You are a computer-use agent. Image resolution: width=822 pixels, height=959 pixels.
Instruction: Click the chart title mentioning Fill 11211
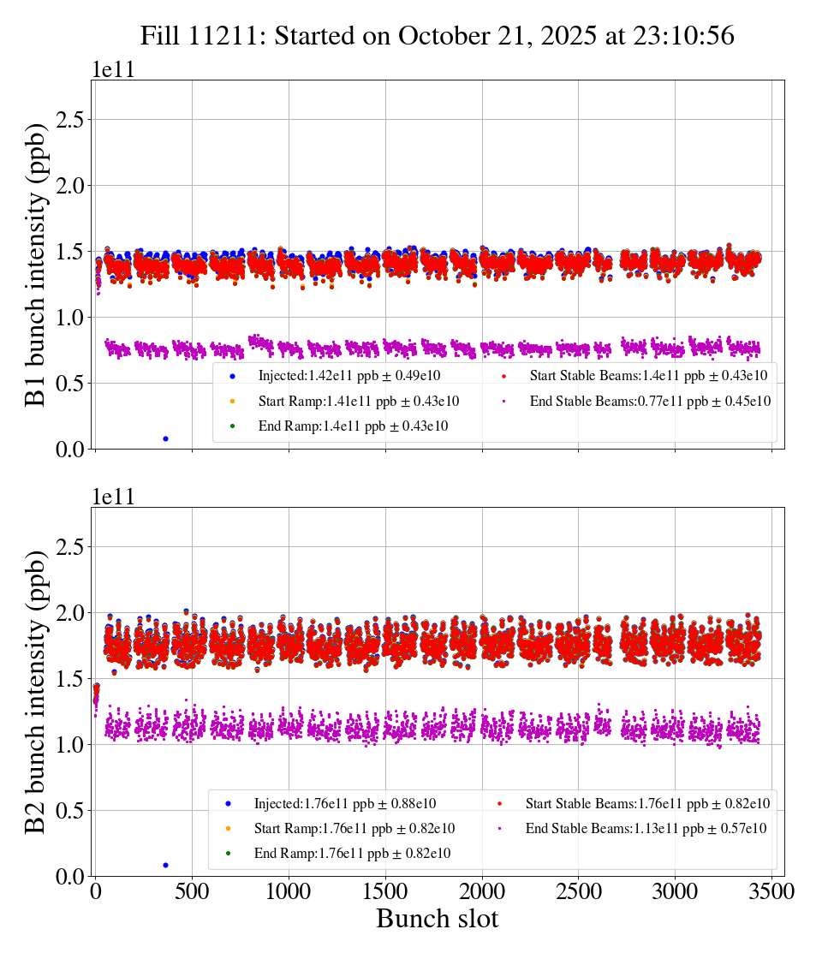438,35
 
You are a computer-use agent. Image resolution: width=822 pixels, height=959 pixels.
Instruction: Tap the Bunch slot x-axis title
437,919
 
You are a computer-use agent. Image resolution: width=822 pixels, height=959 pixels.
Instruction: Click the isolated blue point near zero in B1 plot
165,438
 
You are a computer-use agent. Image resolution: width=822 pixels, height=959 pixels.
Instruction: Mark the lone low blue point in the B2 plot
165,865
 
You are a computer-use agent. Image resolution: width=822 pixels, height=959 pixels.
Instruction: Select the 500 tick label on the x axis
192,892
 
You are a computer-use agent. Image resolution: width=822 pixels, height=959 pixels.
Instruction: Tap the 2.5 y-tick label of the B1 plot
70,120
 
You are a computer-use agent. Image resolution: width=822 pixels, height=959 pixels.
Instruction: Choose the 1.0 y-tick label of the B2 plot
70,744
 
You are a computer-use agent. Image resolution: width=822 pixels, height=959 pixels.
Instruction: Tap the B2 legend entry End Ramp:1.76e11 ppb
352,853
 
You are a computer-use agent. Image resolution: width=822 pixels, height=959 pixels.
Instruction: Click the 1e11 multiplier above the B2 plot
113,497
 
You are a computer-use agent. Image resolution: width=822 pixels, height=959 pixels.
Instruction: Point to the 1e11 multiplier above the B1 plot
113,70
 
